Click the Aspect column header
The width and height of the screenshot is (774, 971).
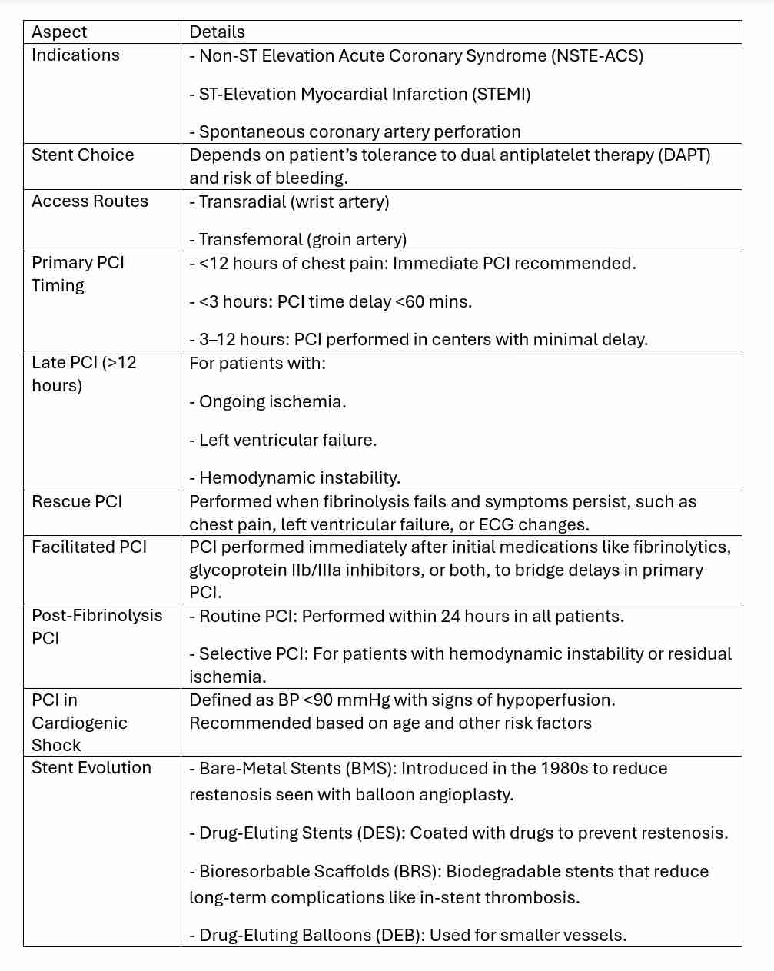coord(59,32)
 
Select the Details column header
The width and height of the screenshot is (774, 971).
coord(217,32)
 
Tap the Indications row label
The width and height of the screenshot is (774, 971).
coord(75,55)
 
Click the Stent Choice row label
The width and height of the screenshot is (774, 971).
coord(82,155)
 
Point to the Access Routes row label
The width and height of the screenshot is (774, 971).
coord(89,201)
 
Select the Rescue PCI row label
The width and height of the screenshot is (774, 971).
coord(77,502)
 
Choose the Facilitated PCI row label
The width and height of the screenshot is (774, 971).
coord(88,547)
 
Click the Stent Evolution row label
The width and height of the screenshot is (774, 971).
coord(91,768)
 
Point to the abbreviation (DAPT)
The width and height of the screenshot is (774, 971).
coord(684,155)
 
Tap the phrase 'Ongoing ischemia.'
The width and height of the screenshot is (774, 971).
coord(272,402)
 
